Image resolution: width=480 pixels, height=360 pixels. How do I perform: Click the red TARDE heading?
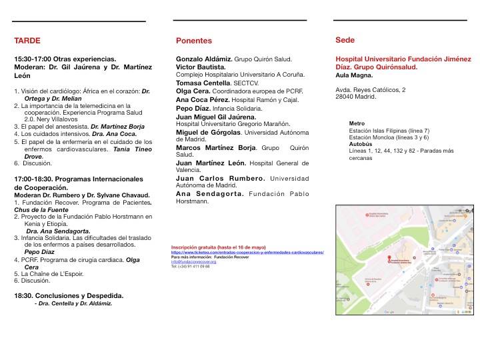27,41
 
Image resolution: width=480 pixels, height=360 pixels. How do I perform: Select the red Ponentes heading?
194,41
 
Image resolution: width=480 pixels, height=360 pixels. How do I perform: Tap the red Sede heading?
345,40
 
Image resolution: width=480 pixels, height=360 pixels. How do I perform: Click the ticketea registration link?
247,253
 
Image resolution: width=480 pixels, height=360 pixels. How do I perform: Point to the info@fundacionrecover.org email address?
195,262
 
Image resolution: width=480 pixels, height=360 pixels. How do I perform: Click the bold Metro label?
357,123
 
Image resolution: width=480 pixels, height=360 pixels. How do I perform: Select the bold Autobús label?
361,143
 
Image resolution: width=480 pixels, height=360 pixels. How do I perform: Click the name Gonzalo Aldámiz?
203,59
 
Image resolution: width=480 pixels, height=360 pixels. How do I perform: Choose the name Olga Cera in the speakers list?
192,91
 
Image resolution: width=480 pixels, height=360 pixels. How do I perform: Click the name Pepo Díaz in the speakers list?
194,107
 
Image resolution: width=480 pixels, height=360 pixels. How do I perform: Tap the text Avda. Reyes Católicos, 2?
371,89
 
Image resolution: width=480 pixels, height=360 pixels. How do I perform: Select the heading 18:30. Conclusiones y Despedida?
69,295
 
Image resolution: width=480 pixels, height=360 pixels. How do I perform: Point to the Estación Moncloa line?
389,137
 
